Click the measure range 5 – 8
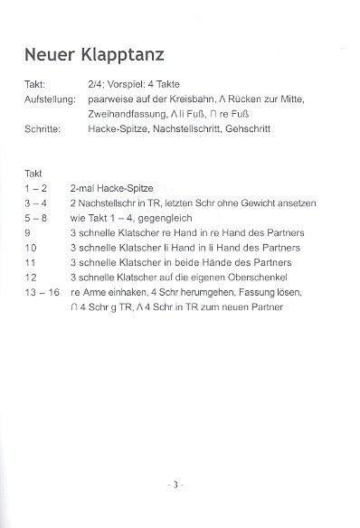(x=39, y=218)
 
